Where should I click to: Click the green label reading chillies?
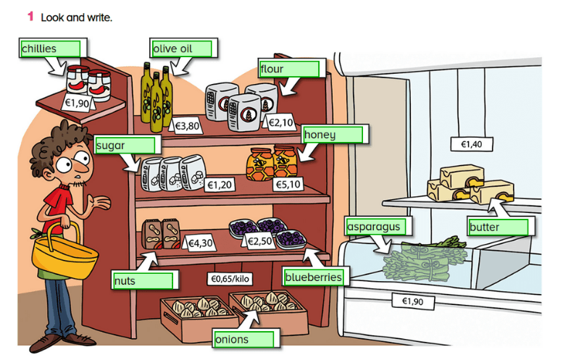49,49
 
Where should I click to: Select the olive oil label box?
181,49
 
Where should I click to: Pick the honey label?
333,135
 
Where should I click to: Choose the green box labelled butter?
499,227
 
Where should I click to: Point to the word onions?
243,339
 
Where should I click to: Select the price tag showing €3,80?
187,126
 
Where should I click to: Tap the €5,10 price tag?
287,185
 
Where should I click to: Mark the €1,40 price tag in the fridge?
471,144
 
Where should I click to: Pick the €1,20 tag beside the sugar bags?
220,185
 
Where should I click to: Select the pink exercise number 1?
30,15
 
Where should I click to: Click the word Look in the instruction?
52,16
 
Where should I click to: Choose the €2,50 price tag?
259,241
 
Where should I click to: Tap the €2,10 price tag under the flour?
281,122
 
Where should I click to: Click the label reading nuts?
143,280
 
